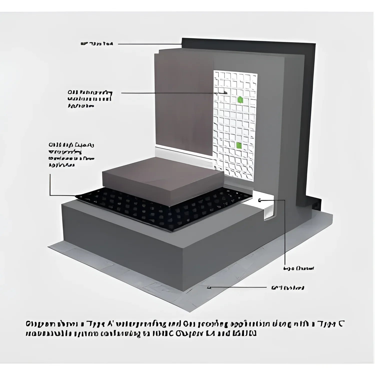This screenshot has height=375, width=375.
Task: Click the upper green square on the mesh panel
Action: [240, 100]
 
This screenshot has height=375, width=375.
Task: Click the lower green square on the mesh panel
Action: [239, 145]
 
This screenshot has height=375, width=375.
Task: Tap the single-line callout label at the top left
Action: [97, 44]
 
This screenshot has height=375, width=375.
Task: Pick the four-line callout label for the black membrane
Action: [71, 155]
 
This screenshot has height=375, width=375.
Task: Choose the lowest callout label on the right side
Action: [287, 288]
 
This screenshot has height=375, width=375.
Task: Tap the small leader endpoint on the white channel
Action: [259, 200]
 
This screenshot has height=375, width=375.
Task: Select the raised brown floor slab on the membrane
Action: [162, 177]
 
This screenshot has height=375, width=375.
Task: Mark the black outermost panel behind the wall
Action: [310, 112]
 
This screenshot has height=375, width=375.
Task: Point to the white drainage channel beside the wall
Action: [269, 207]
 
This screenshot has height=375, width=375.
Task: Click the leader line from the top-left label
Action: [150, 44]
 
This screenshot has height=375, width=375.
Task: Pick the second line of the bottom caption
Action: [141, 334]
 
